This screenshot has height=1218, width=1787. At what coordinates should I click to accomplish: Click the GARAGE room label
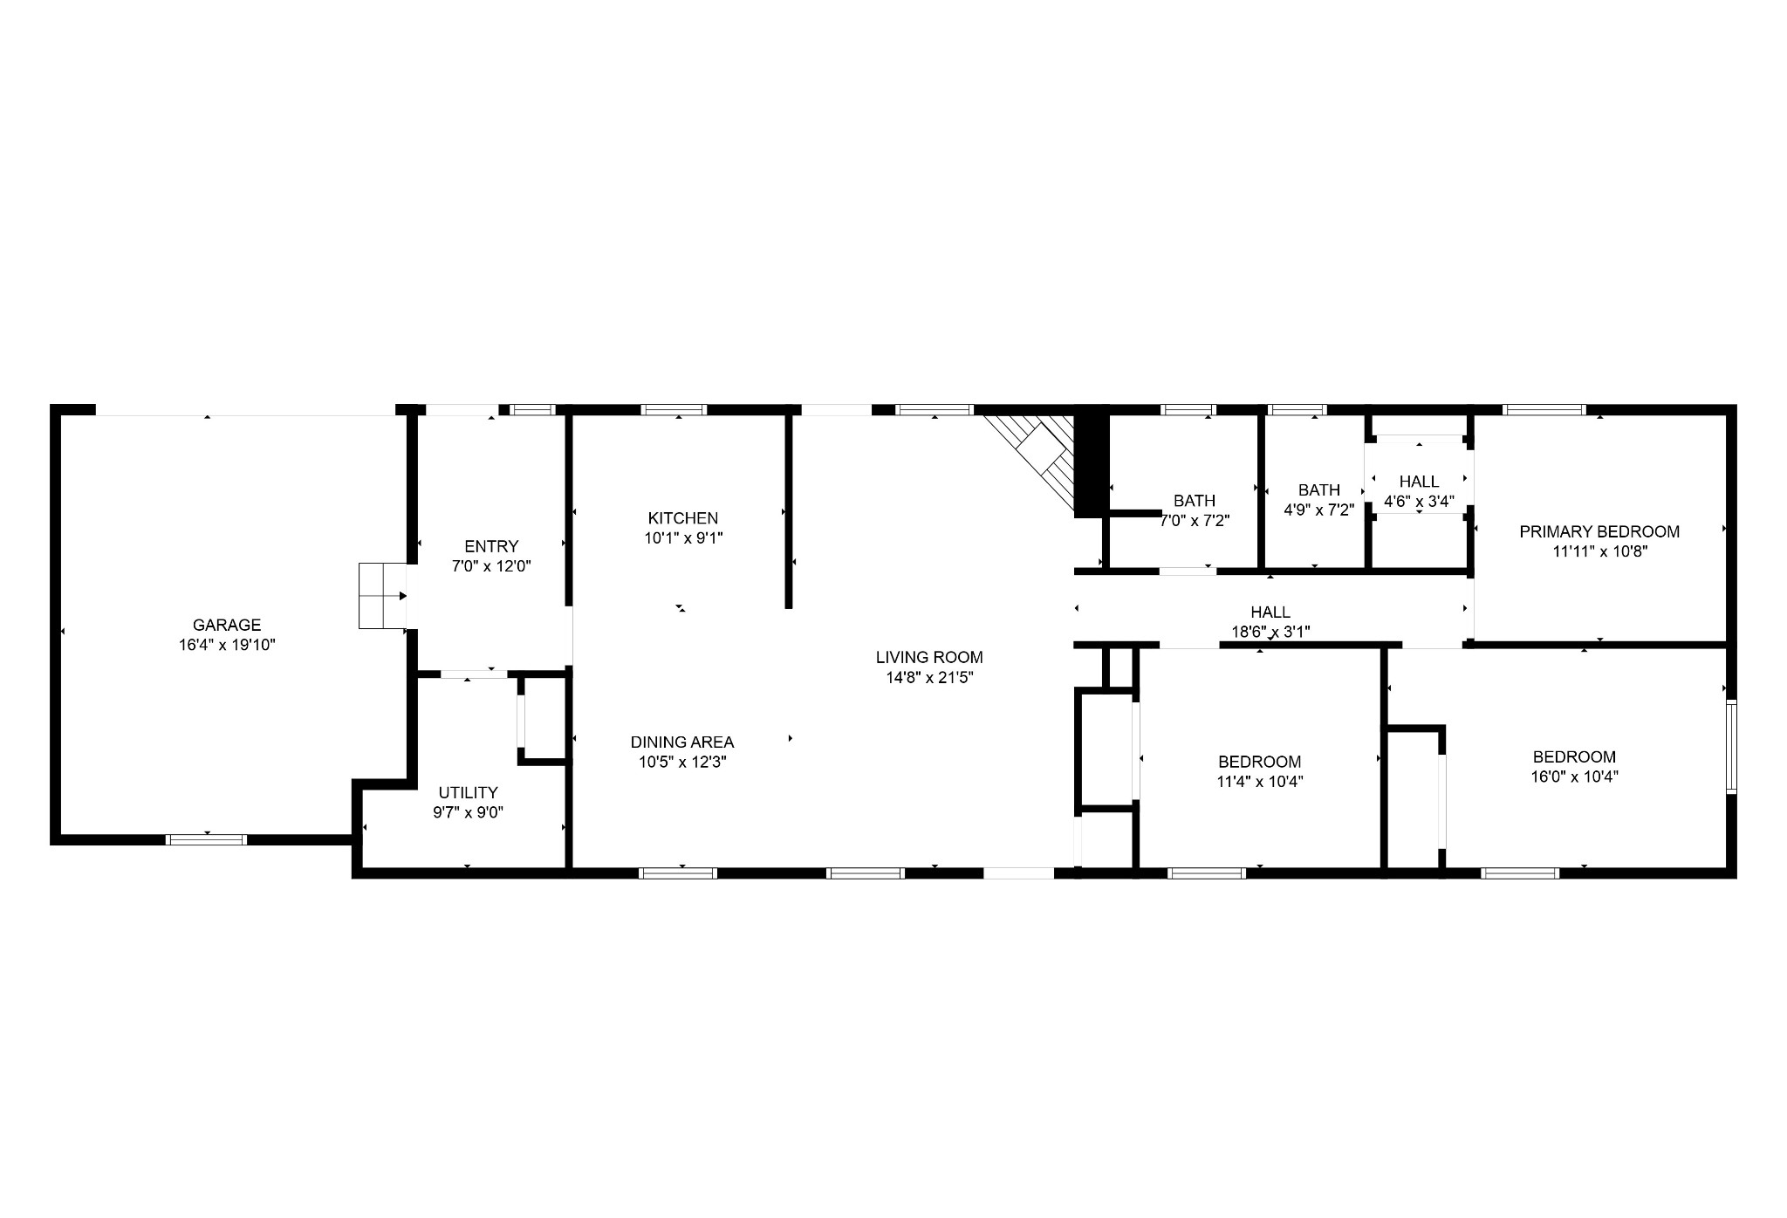[x=227, y=625]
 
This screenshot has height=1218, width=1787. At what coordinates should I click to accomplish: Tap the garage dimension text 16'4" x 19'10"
[x=227, y=645]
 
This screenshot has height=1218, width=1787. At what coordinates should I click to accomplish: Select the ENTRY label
[x=491, y=546]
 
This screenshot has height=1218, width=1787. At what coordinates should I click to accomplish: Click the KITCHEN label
[x=683, y=518]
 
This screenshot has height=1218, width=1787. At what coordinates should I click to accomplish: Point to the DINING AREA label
[x=682, y=742]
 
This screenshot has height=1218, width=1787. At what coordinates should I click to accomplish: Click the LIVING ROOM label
[x=929, y=658]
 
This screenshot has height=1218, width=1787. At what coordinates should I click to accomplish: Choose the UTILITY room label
[x=469, y=792]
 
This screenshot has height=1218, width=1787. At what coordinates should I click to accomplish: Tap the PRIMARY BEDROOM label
[x=1599, y=531]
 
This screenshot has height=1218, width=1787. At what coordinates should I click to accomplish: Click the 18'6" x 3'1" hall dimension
[x=1270, y=632]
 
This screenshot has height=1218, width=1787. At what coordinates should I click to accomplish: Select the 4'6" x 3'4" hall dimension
[x=1420, y=502]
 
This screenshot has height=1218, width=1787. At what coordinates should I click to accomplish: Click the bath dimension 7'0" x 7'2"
[x=1195, y=521]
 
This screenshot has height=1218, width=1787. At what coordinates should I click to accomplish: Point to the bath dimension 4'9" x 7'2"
[x=1318, y=510]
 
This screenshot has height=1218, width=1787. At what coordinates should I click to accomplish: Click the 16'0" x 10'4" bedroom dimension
[x=1574, y=777]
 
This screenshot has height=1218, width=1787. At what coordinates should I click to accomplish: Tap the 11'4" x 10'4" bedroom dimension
[x=1260, y=782]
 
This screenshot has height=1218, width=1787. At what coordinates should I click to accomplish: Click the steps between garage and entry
[x=383, y=596]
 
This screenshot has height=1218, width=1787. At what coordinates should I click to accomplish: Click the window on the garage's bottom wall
[x=207, y=840]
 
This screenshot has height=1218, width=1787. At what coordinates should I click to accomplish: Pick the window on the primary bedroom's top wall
[x=1544, y=409]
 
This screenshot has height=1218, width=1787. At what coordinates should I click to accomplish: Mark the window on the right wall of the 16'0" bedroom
[x=1731, y=747]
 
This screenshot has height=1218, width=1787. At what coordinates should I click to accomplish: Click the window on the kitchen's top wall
[x=674, y=409]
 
